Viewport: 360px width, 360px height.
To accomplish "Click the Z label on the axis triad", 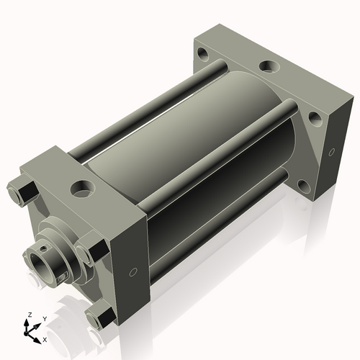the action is click(30, 315).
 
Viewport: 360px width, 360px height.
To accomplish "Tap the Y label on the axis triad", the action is click(45, 319).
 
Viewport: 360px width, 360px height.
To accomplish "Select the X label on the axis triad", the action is click(45, 340).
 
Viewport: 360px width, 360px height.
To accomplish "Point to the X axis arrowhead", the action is click(37, 341).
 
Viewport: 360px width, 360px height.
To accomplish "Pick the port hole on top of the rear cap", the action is click(269, 66).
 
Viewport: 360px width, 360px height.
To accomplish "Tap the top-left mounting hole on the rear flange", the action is click(203, 54).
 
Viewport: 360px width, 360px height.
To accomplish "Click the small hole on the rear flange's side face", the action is click(332, 152).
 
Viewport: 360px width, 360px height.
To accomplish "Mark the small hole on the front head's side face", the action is click(133, 272).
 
